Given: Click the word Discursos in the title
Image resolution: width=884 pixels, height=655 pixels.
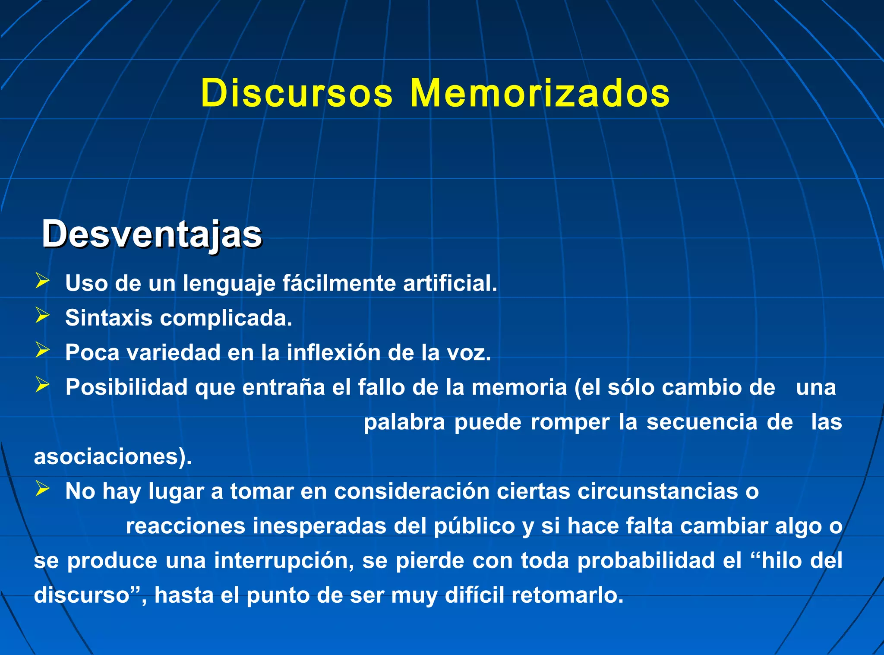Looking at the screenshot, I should coord(297,93).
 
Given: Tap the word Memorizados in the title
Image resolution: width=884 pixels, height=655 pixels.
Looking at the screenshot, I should coord(540,93).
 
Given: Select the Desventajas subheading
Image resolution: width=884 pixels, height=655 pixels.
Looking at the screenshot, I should coord(152,234).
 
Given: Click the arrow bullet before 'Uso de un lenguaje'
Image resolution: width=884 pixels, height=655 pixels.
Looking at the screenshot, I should coord(42,281).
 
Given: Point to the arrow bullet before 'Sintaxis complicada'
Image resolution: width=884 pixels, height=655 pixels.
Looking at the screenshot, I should coord(42,316).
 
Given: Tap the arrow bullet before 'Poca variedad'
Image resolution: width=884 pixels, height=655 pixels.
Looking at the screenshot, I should coord(42,350).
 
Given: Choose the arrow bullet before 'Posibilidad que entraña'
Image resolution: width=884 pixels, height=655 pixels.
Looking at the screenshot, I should coord(42,385).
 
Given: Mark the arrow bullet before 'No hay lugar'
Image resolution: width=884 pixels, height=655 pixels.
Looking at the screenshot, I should coord(42,489).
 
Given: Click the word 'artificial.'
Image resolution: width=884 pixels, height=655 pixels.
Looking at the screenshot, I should coord(450,283).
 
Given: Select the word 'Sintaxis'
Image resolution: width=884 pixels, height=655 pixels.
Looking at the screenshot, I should coord(109,318).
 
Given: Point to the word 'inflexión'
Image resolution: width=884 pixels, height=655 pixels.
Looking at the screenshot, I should coord(334,352).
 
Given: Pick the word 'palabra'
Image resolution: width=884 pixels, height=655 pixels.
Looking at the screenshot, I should coord(404,422).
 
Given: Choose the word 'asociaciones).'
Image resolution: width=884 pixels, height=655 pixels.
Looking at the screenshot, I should coord(113,457).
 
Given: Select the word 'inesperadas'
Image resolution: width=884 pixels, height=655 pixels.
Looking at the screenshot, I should coord(319,526).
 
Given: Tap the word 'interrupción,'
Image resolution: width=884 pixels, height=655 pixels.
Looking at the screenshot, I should coord(284,560).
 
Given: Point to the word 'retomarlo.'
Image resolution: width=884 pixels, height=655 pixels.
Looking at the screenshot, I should coord(568,595).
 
